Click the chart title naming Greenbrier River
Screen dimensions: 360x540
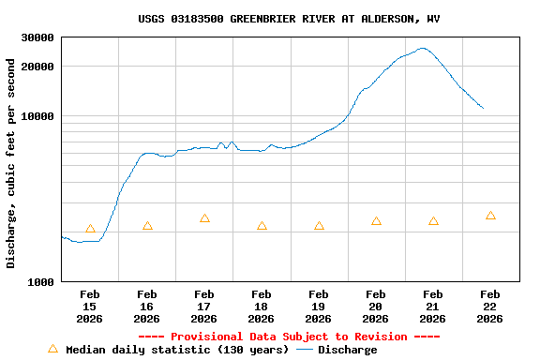pos(289,19)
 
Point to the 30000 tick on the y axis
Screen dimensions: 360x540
pos(37,37)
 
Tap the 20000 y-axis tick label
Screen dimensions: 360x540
pos(37,67)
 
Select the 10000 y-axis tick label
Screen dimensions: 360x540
pos(37,116)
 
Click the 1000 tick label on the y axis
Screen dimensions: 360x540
pos(40,281)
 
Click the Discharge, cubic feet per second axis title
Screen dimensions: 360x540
pos(11,163)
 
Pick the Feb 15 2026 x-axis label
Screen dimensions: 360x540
pos(90,307)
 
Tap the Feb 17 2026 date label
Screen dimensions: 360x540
pos(204,307)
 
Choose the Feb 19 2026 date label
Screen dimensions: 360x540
pos(319,307)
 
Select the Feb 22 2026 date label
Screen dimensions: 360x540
pos(489,307)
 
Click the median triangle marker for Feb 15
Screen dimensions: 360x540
pos(90,229)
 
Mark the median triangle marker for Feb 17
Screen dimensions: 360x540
pos(204,218)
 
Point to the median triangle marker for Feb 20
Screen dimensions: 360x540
pos(376,221)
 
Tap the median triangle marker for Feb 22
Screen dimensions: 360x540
pos(490,216)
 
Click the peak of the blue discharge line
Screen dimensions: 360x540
pos(423,48)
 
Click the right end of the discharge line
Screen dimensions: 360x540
pos(483,108)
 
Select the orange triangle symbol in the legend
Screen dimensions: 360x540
pos(52,349)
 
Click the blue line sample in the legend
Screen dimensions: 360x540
pos(305,350)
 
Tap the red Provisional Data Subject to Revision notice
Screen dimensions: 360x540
pos(289,337)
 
